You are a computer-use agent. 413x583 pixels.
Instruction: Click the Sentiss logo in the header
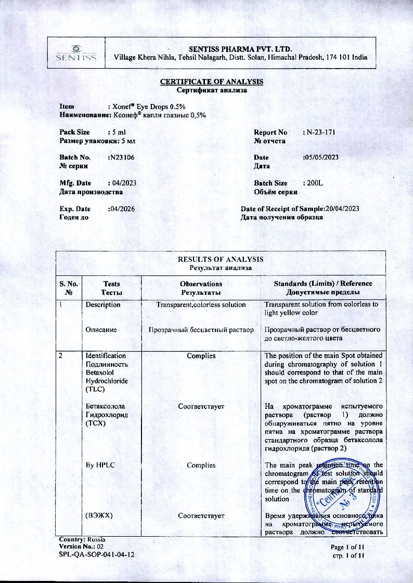[76, 52]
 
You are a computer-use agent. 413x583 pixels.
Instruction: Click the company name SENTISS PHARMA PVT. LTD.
[240, 48]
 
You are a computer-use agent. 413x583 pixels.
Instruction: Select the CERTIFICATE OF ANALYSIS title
[211, 82]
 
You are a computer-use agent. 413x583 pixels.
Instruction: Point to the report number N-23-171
[320, 132]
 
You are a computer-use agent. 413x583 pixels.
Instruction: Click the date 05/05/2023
[320, 157]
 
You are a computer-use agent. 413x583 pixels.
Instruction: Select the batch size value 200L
[314, 183]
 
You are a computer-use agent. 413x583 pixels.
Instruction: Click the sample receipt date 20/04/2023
[342, 208]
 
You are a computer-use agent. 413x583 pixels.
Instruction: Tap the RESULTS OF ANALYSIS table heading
[221, 259]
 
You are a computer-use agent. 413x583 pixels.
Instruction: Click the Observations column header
[201, 284]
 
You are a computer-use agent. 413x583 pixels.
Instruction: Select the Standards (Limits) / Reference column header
[323, 284]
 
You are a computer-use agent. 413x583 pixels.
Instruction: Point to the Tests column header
[111, 284]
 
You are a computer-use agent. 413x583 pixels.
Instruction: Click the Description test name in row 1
[103, 304]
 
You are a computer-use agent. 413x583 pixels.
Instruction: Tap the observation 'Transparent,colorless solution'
[201, 304]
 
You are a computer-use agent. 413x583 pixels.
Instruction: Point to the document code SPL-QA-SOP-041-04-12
[97, 554]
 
